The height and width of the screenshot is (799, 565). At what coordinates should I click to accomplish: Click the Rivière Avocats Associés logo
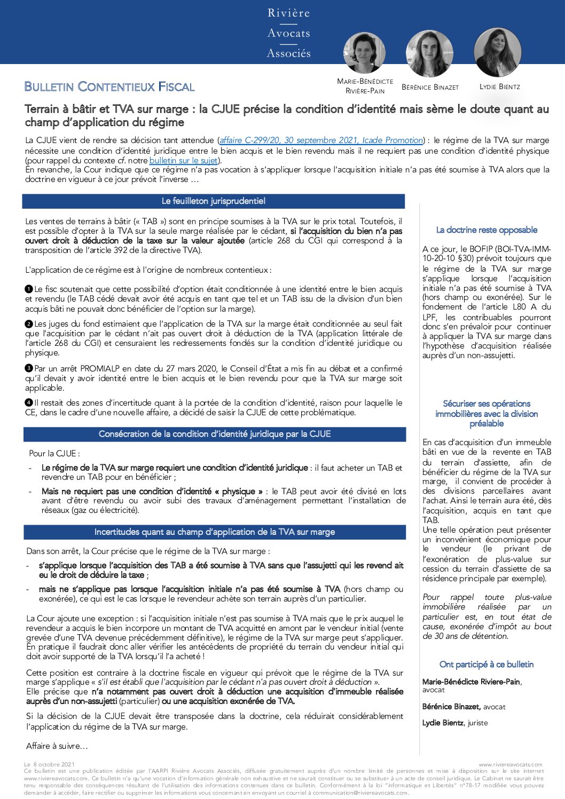point(288,33)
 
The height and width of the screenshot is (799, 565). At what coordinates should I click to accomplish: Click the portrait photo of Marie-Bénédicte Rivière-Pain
point(364,52)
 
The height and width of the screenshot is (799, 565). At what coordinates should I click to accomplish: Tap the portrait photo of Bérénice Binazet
point(429,53)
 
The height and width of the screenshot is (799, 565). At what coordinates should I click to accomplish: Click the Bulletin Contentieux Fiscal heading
point(109,86)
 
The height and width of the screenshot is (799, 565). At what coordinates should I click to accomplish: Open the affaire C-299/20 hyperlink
point(321,140)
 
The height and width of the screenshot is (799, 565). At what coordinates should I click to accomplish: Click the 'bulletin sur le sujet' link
point(183,160)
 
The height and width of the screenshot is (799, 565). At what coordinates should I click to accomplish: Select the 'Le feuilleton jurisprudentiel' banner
point(214,201)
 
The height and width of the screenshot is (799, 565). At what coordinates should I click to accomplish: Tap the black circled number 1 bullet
point(29,289)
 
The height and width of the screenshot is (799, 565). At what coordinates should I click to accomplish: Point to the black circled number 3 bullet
point(29,368)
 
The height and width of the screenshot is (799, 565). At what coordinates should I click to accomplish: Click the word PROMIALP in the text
point(97,368)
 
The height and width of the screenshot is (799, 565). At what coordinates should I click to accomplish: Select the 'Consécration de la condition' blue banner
point(215,434)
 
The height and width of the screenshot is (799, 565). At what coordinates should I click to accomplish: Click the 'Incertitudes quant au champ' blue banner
point(215,532)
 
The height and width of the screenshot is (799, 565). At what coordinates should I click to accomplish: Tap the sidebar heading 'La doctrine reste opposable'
point(486,230)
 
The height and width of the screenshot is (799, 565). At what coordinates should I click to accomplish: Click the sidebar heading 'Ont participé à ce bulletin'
point(486,664)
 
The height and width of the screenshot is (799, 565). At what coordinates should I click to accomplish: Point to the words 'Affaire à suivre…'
point(57,746)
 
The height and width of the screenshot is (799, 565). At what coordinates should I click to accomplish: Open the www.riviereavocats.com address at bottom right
point(510,764)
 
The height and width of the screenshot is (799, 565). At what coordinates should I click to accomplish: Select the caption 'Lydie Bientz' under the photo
point(499,86)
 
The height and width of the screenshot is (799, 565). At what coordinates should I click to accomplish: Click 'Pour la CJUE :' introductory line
point(54,453)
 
